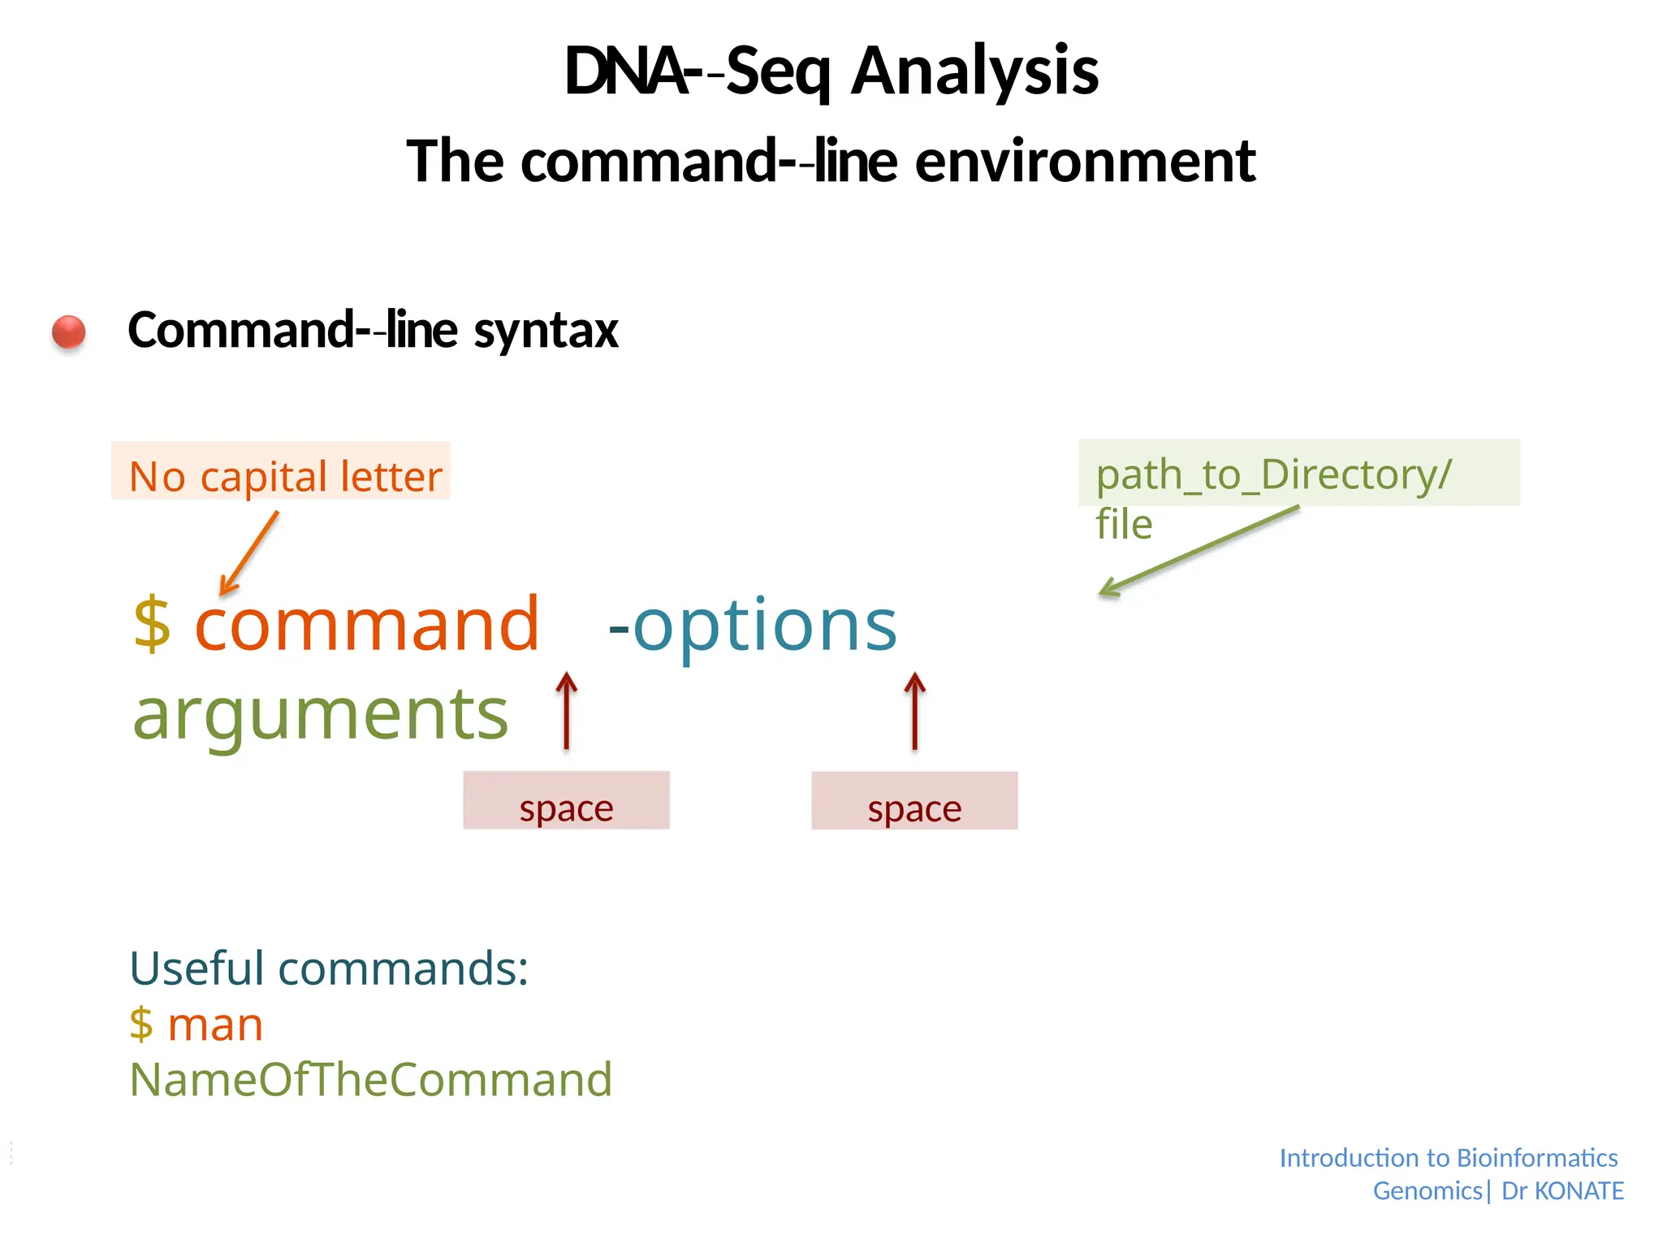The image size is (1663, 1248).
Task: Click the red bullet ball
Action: (x=68, y=332)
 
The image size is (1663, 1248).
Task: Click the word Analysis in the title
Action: (x=974, y=71)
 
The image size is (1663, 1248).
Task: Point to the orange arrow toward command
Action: (x=249, y=552)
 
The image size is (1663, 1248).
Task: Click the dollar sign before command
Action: (x=152, y=624)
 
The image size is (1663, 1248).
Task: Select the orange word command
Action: (x=367, y=624)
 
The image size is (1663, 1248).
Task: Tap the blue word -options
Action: (x=752, y=624)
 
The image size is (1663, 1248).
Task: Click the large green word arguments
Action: (x=321, y=714)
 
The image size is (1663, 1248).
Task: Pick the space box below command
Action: (x=566, y=801)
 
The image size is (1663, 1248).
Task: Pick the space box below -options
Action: (x=914, y=801)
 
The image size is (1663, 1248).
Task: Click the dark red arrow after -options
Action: (x=915, y=710)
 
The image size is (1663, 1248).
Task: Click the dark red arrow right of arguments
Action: (x=567, y=710)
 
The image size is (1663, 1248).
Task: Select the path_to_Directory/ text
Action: (x=1273, y=474)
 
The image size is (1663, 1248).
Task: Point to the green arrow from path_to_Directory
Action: (x=1199, y=552)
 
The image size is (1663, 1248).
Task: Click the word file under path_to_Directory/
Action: (x=1124, y=525)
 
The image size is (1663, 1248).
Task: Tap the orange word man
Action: (x=215, y=1025)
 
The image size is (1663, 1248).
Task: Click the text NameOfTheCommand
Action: (x=371, y=1080)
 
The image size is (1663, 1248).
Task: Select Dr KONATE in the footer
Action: (x=1562, y=1191)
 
